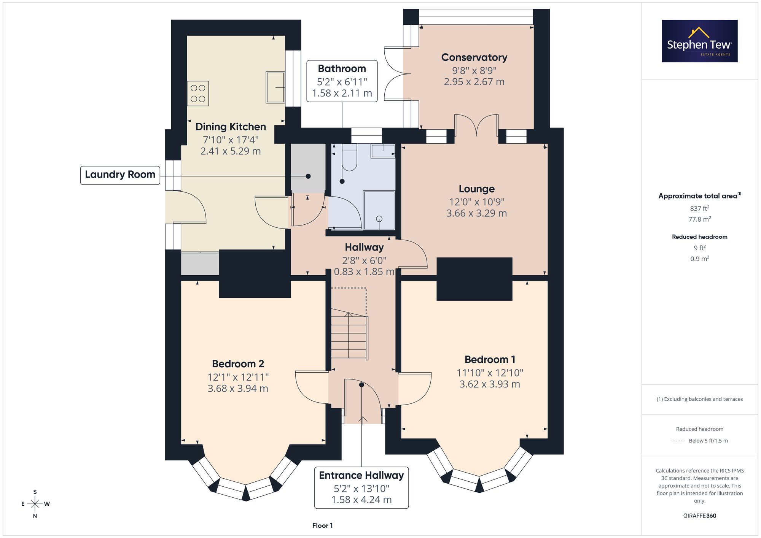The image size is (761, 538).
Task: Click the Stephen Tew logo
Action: click(700, 41)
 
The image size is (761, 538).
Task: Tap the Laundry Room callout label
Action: click(120, 175)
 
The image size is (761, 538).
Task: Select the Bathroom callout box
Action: click(342, 81)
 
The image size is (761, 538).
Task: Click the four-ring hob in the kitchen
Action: click(198, 93)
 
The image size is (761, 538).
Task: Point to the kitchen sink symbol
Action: click(275, 87)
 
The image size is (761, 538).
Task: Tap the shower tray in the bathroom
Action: click(379, 210)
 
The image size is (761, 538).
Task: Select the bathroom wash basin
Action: click(383, 151)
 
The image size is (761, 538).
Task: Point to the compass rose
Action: click(35, 504)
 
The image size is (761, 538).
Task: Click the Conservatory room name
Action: click(474, 57)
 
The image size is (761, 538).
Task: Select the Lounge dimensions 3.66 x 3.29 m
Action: click(476, 213)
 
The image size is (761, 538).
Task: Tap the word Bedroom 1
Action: click(490, 360)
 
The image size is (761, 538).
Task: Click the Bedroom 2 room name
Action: click(238, 364)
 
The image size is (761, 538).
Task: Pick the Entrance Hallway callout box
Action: click(361, 488)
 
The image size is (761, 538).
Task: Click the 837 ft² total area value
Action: click(700, 208)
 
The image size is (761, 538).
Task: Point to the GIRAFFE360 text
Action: click(700, 516)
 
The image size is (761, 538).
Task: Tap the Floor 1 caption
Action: click(322, 525)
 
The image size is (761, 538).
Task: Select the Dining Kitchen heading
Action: click(231, 127)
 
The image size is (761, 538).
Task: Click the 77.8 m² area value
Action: click(700, 219)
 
